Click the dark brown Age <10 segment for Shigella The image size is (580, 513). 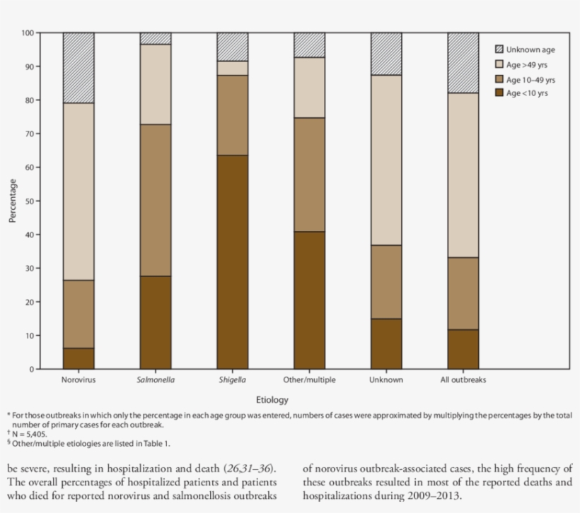232,261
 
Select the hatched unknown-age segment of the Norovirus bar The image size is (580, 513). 79,68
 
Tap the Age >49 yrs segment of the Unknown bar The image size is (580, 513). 386,160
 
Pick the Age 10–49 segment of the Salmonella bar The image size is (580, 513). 155,200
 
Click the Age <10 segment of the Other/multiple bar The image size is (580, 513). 309,300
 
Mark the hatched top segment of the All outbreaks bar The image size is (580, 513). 463,63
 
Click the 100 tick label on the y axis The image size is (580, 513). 27,33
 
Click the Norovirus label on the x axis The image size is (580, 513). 78,380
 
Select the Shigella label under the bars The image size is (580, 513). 232,380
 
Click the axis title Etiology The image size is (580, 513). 271,399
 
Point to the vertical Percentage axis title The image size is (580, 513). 12,201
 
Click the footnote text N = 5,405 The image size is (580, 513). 32,435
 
